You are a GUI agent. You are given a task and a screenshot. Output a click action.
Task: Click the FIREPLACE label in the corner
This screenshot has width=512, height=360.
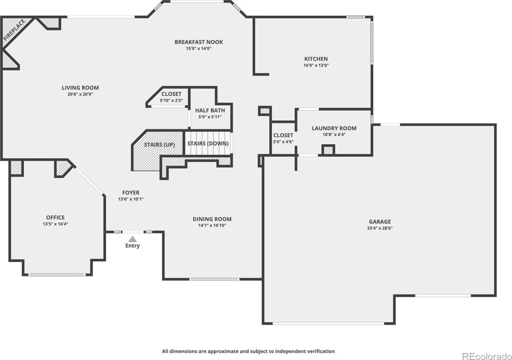pos(14,30)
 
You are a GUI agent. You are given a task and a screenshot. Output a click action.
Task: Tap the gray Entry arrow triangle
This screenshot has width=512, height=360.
pos(132,239)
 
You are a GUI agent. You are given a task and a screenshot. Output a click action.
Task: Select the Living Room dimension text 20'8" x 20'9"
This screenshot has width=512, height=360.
pos(80,94)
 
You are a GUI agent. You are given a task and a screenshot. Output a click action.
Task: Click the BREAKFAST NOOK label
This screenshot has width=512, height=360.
pos(199,42)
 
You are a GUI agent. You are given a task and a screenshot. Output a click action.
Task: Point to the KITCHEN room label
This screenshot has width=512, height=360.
pos(316,59)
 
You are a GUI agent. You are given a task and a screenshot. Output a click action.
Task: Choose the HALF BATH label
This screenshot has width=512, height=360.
pos(210,110)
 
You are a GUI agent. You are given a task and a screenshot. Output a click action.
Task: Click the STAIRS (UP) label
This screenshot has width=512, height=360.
pos(159,145)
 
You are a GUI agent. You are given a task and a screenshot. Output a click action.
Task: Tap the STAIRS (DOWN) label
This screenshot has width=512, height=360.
pos(208,143)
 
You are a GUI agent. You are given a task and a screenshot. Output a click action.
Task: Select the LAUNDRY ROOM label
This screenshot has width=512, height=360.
pos(334,128)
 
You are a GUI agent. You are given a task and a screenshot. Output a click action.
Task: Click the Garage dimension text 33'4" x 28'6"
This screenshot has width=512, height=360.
pos(380,228)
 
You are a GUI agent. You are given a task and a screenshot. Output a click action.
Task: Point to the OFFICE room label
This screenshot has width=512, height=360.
pos(55,217)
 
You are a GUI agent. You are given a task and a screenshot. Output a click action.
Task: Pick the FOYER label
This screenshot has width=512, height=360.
pos(131,193)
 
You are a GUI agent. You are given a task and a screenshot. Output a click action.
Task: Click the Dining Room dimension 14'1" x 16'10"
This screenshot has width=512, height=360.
pos(212,225)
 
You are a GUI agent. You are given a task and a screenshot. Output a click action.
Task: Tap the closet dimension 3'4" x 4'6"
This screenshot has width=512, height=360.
pos(283,142)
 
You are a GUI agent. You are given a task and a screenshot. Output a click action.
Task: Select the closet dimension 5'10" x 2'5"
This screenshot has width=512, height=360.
pos(171,100)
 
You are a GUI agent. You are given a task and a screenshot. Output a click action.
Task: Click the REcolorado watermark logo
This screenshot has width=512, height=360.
pos(487,356)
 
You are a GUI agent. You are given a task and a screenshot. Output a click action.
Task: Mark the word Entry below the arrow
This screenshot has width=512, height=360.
pos(132,246)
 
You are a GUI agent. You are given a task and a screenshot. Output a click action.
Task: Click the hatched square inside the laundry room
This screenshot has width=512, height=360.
pos(328,150)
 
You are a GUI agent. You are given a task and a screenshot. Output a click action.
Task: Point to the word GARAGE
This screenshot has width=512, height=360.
pos(380,222)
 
